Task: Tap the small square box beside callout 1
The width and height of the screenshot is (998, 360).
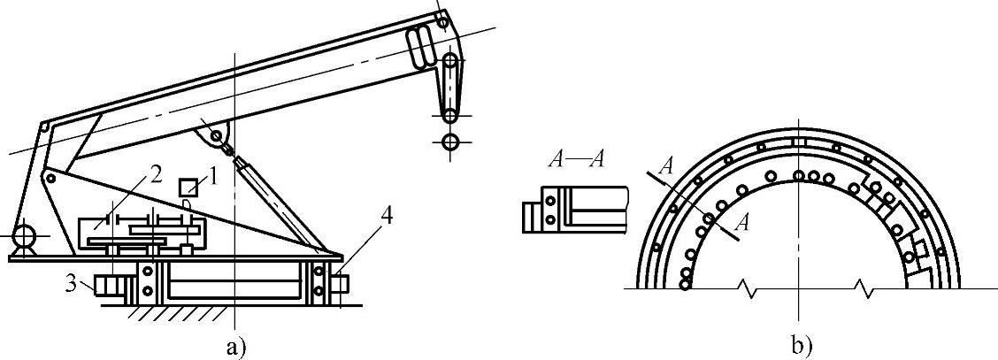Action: click(x=187, y=187)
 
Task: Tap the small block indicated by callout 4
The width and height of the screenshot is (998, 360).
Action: click(x=341, y=285)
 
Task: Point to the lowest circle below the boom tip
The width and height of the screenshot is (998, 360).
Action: click(x=451, y=142)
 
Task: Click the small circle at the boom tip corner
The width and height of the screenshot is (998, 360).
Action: click(x=441, y=15)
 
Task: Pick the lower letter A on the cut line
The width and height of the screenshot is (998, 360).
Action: click(x=744, y=223)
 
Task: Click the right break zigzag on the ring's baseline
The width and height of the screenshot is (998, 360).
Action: click(x=862, y=288)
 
